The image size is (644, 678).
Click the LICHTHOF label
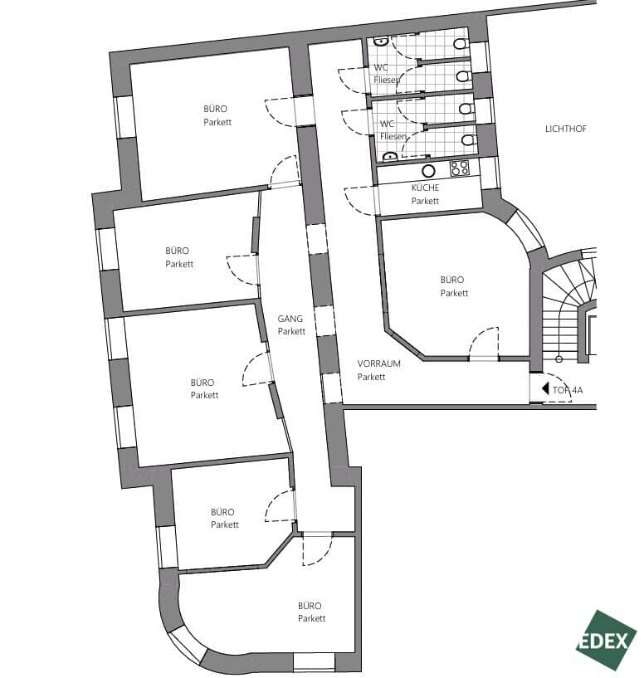[x=565, y=129]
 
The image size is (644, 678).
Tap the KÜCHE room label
[x=425, y=188]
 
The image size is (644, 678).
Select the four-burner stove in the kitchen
[x=459, y=168]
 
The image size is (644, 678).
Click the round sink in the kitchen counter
[x=429, y=171]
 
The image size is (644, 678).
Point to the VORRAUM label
[x=378, y=363]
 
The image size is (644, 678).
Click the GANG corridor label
[x=291, y=319]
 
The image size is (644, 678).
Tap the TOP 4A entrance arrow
[x=544, y=388]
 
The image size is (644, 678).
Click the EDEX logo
[x=607, y=639]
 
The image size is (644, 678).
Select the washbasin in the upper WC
[x=380, y=39]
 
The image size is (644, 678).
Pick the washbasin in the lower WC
[x=389, y=155]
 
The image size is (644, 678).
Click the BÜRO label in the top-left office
[x=216, y=109]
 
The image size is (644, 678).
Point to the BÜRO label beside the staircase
[x=453, y=280]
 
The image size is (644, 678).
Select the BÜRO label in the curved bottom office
[x=310, y=606]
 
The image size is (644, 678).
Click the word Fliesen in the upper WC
[x=387, y=80]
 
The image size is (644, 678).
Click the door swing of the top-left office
[x=278, y=112]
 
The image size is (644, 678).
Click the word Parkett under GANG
[x=291, y=331]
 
